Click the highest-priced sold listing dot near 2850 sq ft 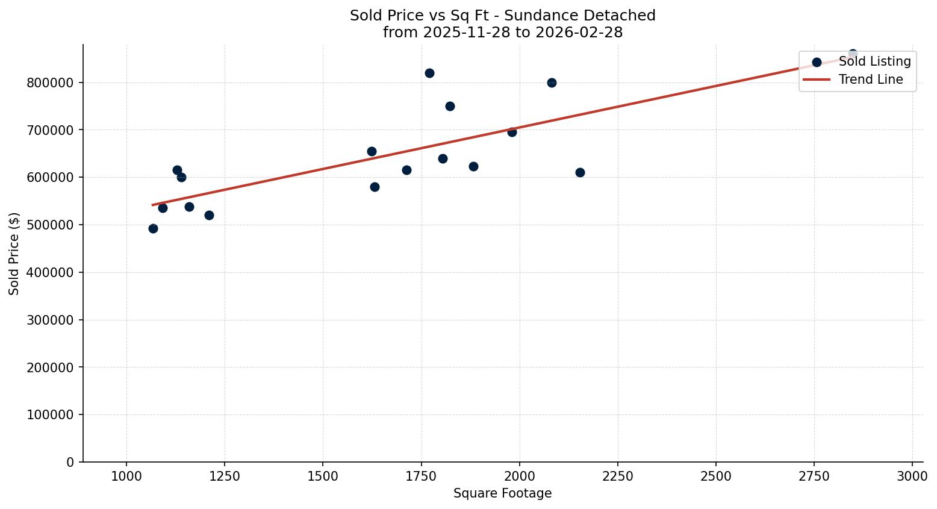853,54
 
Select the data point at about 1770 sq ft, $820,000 429,73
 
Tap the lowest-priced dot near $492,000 153,228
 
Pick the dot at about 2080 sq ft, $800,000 552,83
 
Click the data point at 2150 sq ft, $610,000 580,172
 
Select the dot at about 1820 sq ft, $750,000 450,106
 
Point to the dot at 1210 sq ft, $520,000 209,215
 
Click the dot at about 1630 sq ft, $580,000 375,187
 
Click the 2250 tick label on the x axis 617,476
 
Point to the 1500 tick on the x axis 323,476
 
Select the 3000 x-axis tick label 912,476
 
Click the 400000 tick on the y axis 50,272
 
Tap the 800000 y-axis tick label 50,83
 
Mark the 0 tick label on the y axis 70,462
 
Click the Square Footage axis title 502,494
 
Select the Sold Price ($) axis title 14,254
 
